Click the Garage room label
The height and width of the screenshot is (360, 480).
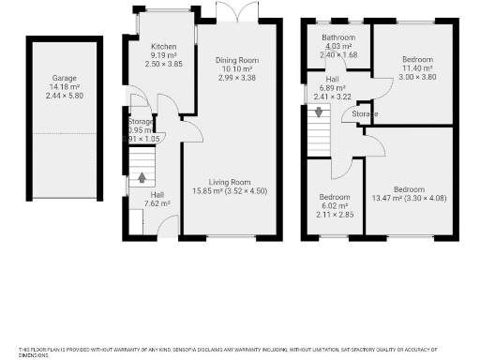point(65,79)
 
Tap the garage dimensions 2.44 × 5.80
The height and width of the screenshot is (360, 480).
point(65,96)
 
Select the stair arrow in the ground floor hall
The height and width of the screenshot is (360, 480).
point(142,176)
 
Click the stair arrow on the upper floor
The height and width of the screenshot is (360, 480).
point(319,112)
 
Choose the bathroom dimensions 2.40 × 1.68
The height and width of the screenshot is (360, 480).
point(337,54)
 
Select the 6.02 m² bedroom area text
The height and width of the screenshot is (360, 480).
point(335,205)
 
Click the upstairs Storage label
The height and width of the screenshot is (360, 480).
point(365,113)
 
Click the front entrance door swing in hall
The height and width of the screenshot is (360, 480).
point(168,224)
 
